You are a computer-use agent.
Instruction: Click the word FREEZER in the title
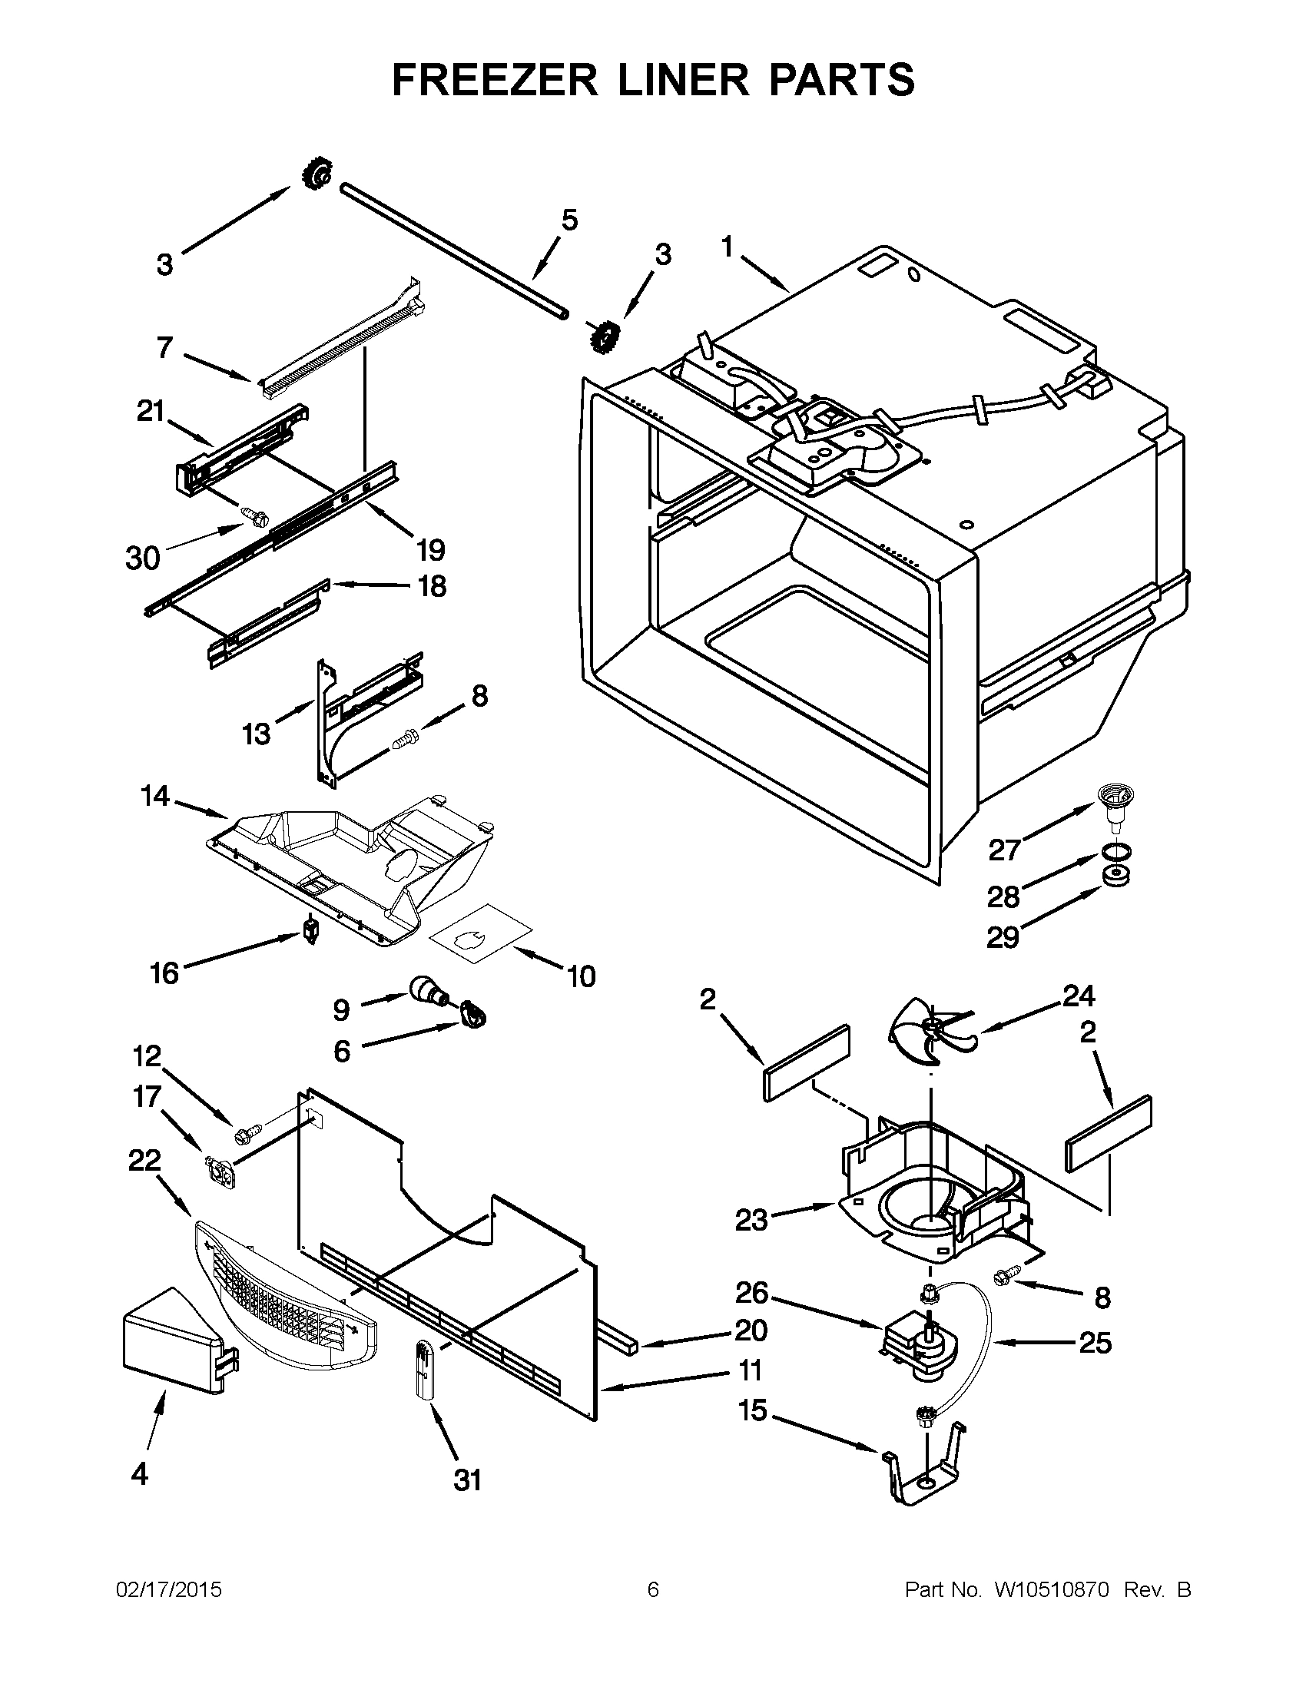[496, 80]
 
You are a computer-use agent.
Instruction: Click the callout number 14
[154, 796]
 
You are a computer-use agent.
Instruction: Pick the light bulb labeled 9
[426, 989]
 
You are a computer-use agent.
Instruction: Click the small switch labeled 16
[311, 928]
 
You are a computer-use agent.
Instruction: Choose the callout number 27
[1005, 850]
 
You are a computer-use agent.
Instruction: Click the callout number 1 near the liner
[727, 247]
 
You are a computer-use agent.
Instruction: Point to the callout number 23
[751, 1221]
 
